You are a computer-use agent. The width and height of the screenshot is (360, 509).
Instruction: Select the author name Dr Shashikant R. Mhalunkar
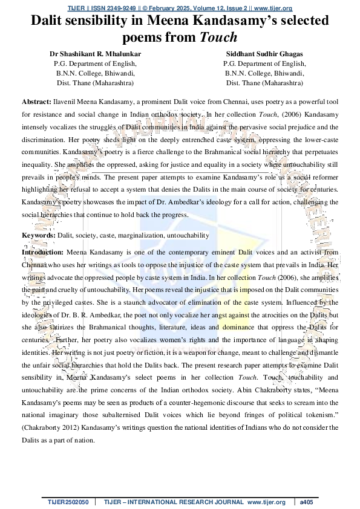[95, 54]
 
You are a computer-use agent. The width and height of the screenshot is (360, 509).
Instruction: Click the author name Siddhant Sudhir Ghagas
[264, 54]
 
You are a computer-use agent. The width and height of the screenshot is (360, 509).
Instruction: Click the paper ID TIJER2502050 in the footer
[68, 502]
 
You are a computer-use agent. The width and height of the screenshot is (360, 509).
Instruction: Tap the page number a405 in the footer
[307, 502]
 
